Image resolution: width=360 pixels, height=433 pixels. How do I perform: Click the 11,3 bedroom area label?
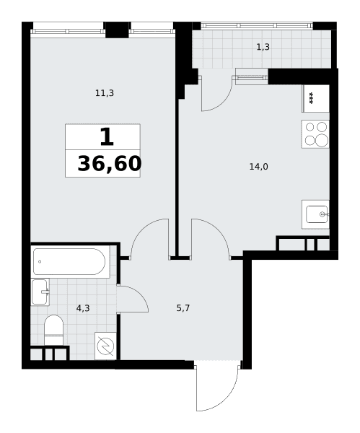(x=105, y=93)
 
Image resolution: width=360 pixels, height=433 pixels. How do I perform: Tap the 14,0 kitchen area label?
(x=259, y=167)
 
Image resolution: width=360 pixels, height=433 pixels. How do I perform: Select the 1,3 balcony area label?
(x=263, y=47)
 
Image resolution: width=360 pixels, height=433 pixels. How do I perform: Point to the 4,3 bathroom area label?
(x=83, y=308)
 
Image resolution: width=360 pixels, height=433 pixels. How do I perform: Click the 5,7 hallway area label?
(x=183, y=308)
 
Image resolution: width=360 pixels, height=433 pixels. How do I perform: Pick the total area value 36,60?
(x=110, y=164)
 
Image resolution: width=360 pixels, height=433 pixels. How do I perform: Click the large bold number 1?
(x=107, y=137)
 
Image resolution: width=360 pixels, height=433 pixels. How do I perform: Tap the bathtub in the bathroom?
(x=69, y=261)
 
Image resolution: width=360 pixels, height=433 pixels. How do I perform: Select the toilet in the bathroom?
(x=54, y=330)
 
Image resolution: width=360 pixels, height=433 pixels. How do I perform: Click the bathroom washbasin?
(x=40, y=292)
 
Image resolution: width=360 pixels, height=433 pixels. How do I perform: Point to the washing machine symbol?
(x=105, y=346)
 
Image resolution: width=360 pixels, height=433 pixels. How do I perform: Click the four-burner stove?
(x=315, y=134)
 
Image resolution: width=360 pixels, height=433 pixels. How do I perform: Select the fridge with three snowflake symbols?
(x=316, y=98)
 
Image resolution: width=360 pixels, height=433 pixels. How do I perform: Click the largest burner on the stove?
(x=322, y=140)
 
